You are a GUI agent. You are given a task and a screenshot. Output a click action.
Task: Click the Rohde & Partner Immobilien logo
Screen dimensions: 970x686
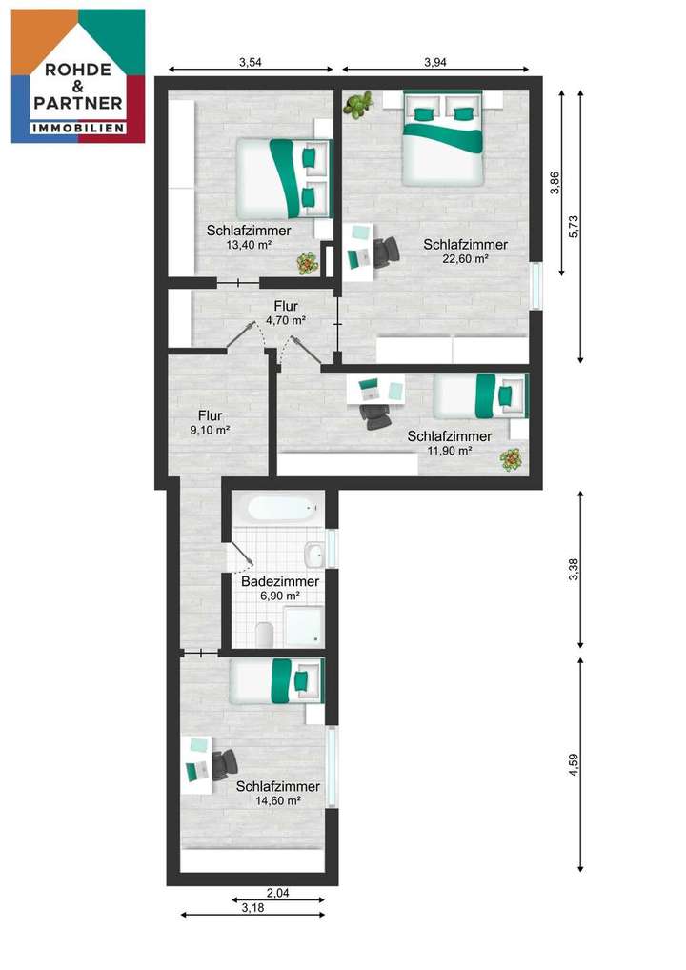pos(78,76)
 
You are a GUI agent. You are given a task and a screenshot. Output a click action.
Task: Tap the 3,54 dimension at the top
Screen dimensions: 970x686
pos(252,63)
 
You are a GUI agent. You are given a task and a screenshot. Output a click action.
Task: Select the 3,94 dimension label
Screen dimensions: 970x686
pos(434,63)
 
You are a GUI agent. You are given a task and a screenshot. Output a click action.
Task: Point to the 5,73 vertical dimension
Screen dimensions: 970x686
pos(573,225)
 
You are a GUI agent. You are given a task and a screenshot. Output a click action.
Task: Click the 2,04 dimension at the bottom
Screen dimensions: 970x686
pos(277,893)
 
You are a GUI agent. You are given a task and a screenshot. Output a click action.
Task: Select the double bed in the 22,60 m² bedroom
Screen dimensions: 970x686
pos(443,139)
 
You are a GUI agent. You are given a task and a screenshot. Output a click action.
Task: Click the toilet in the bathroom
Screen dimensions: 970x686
pos(266,632)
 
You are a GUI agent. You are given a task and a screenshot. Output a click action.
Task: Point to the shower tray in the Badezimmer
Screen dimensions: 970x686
pos(304,627)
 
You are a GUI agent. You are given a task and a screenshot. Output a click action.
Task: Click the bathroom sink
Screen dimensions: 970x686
pos(313,555)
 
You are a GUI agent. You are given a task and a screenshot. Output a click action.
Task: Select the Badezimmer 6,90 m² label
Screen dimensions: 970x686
pos(279,588)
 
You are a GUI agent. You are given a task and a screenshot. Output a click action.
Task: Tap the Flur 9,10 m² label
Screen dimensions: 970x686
pos(210,422)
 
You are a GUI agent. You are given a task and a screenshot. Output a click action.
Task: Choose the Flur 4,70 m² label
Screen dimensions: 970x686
pos(285,313)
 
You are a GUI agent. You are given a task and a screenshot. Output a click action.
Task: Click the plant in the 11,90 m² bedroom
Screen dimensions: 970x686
pos(512,460)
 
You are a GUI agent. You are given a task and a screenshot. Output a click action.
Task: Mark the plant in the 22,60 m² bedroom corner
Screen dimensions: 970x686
pos(358,105)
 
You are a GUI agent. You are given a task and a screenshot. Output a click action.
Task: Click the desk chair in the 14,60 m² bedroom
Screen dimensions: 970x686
pos(225,764)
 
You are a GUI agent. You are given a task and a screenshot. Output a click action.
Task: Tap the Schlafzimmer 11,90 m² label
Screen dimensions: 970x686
pos(450,443)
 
